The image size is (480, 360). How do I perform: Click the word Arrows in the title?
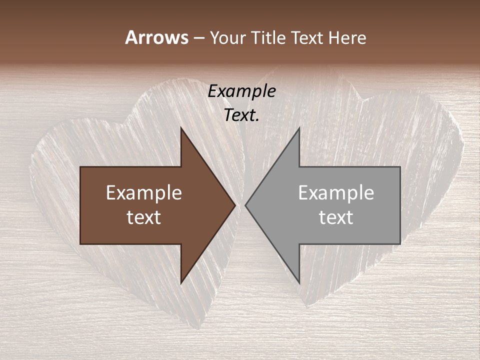(156, 37)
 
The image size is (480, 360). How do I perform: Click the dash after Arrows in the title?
(198, 38)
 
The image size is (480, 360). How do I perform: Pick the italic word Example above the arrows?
(242, 91)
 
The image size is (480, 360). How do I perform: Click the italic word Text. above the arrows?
(242, 115)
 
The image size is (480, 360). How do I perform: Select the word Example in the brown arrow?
(144, 193)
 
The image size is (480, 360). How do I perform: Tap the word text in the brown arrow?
(144, 217)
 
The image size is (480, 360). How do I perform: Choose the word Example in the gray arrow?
(336, 193)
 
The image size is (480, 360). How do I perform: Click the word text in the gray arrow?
(336, 217)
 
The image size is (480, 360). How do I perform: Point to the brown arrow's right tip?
(235, 205)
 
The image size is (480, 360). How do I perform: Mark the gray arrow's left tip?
(245, 205)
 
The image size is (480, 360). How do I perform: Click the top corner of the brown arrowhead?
(181, 127)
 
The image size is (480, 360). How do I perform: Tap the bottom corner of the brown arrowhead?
(181, 283)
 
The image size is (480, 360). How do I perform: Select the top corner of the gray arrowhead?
(299, 127)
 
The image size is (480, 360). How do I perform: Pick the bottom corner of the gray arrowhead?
(299, 283)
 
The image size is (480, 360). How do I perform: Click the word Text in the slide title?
(306, 37)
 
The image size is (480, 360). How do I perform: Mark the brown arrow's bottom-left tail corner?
(80, 244)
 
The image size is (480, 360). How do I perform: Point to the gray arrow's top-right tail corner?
(400, 167)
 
